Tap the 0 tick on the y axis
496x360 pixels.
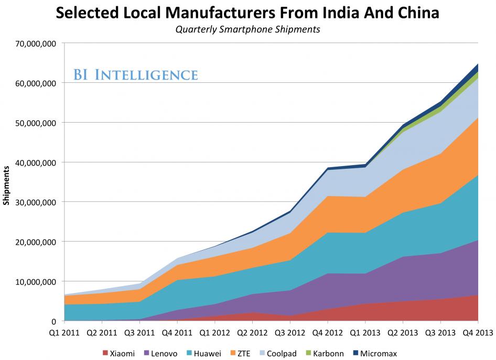(x=54, y=321)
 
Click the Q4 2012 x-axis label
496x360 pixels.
(x=328, y=332)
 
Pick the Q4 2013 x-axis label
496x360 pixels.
(x=478, y=332)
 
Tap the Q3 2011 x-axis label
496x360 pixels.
(x=139, y=332)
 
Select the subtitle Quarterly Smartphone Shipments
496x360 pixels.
(x=248, y=29)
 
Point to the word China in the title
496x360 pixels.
(x=414, y=12)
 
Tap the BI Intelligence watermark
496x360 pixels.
(x=136, y=74)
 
